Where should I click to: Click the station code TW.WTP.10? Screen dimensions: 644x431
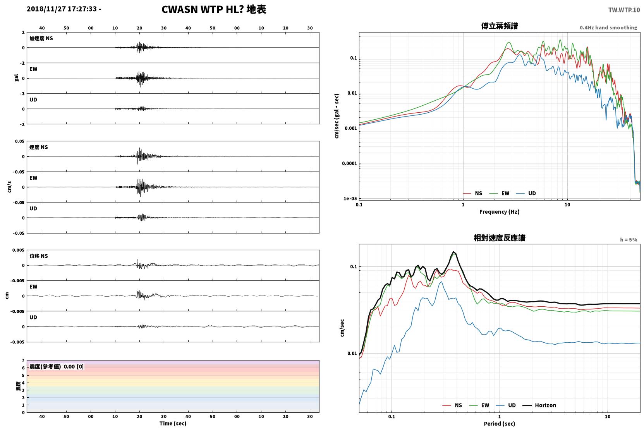(x=624, y=10)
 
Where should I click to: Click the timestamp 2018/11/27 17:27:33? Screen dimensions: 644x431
(x=62, y=9)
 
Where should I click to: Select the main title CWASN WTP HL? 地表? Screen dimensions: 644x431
(x=214, y=10)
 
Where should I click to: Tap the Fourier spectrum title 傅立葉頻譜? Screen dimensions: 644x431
(x=500, y=26)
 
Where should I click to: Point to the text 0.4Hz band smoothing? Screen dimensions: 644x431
(x=608, y=27)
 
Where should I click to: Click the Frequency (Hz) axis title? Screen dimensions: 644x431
(x=500, y=212)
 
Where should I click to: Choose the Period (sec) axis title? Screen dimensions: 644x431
(x=500, y=424)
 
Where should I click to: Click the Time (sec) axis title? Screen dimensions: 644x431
(x=173, y=423)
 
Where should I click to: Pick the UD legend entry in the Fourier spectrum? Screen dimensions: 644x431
(x=526, y=194)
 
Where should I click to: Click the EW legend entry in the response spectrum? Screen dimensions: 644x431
(x=479, y=405)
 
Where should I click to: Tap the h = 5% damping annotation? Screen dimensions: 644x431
(x=629, y=240)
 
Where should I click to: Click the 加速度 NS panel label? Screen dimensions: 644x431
(x=41, y=38)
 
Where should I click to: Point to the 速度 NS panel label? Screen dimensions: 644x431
(x=38, y=147)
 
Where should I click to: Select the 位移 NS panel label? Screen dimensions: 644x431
(x=38, y=256)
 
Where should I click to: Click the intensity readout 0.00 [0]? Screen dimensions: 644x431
(x=74, y=367)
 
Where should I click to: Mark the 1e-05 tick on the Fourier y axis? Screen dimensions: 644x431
(x=350, y=198)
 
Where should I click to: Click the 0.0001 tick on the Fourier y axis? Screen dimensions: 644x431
(x=349, y=163)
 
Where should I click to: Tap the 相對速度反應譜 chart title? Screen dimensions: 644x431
(x=500, y=238)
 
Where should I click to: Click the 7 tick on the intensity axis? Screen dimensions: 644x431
(x=23, y=361)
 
